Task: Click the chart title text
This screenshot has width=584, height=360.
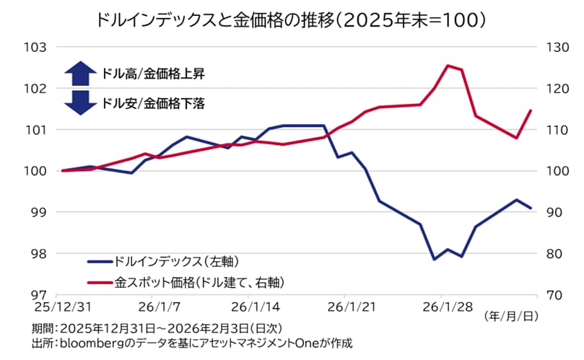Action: point(291,19)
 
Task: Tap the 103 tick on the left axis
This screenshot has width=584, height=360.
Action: point(35,47)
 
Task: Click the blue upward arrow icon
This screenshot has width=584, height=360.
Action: point(80,73)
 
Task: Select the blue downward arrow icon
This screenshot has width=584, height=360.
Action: point(80,102)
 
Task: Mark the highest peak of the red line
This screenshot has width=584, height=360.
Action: point(448,66)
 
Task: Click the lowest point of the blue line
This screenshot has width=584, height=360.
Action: point(434,259)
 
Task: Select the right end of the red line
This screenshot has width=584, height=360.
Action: point(531,110)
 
